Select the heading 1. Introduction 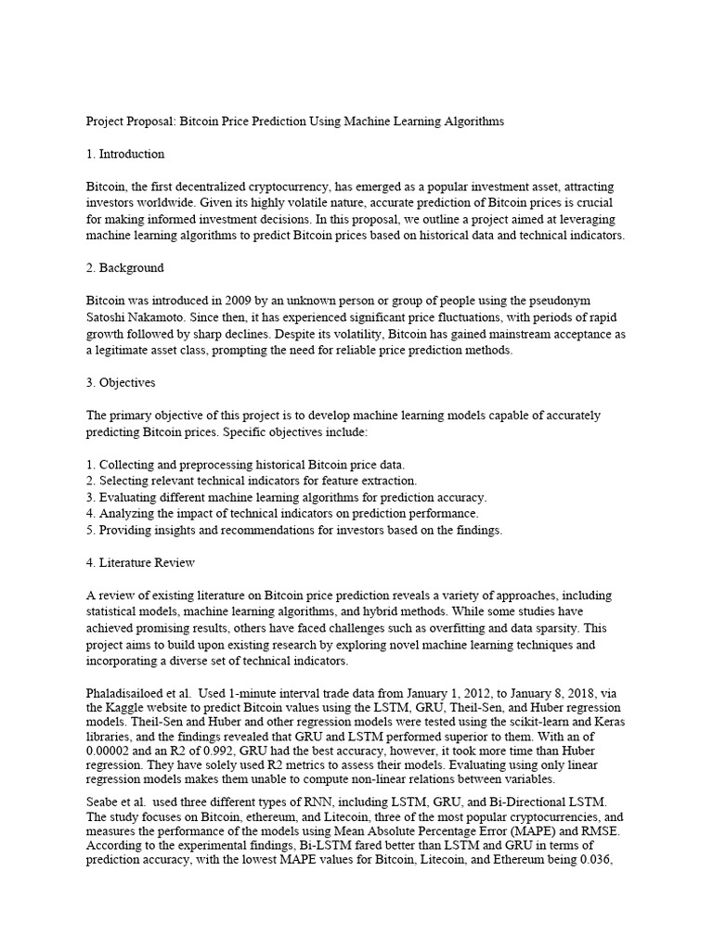tap(125, 154)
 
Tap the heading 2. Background tap(125, 268)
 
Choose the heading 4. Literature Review tap(140, 562)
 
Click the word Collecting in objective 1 tap(129, 464)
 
